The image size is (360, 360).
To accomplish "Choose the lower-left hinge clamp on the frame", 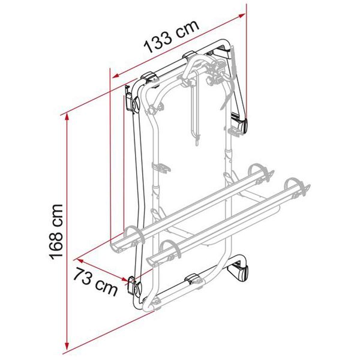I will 136,287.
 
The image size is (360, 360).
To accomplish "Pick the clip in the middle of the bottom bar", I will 193,279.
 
